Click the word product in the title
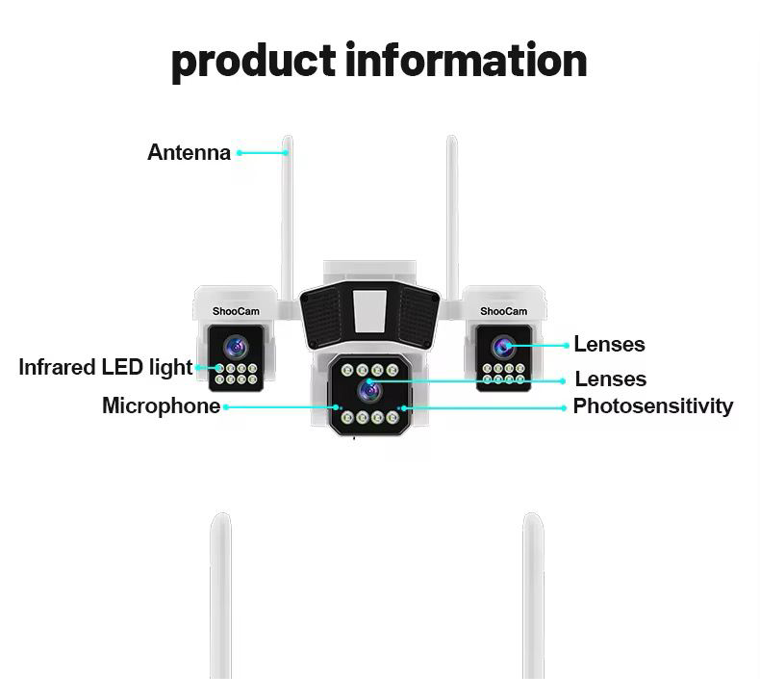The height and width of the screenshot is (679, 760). (x=253, y=61)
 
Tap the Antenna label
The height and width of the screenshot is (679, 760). (x=189, y=152)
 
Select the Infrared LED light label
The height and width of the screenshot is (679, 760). (x=106, y=367)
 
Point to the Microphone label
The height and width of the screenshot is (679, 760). (x=161, y=406)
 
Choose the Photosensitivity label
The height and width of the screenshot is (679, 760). (x=652, y=406)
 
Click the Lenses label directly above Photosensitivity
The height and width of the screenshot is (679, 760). (x=610, y=379)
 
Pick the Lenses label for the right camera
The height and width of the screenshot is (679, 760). (x=609, y=344)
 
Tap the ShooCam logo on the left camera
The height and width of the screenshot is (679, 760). (x=236, y=311)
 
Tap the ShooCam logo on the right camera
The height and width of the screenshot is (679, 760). (x=504, y=311)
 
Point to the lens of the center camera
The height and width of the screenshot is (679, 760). (x=368, y=389)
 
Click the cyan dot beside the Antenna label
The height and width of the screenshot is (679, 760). (x=239, y=152)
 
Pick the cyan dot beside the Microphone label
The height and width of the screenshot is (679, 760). (x=226, y=407)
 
